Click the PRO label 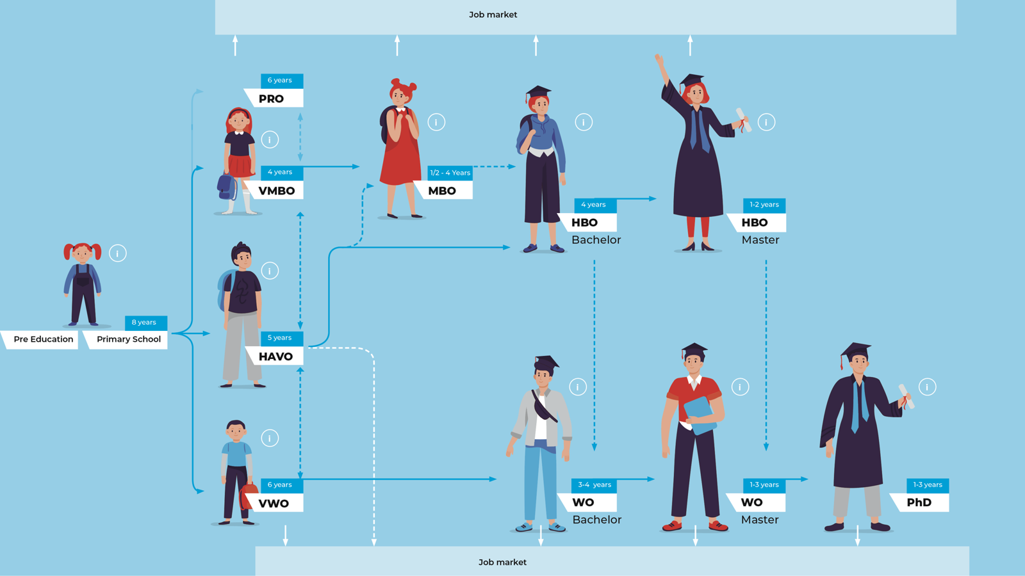[x=272, y=99]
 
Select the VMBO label [x=277, y=191]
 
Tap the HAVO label [x=275, y=356]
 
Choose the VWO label [x=274, y=503]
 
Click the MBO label [x=442, y=191]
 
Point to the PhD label [x=919, y=502]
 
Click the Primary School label [x=128, y=339]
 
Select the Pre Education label [x=43, y=339]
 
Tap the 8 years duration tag [x=144, y=323]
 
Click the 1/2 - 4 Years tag [x=450, y=173]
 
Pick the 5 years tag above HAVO [x=280, y=338]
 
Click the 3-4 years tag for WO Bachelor [x=594, y=485]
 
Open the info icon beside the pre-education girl [x=118, y=253]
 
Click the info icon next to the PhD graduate [x=928, y=387]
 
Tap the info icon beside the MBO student [x=436, y=122]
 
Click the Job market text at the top [x=493, y=15]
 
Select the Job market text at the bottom [x=502, y=562]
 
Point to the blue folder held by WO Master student [x=700, y=413]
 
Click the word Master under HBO [x=760, y=240]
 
